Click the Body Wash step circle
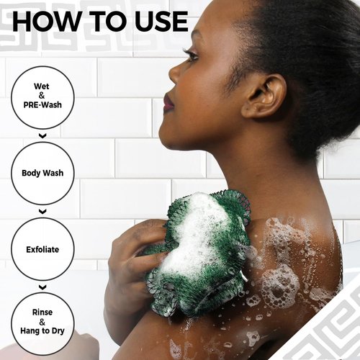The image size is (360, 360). click(x=42, y=174)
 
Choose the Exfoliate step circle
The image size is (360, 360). click(x=42, y=249)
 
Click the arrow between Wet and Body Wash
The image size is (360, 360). click(x=42, y=135)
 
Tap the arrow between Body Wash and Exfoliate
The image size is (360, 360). click(x=42, y=212)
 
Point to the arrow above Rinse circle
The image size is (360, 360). click(x=42, y=286)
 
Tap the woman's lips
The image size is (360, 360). click(x=168, y=103)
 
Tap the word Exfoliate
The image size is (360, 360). click(x=42, y=249)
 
